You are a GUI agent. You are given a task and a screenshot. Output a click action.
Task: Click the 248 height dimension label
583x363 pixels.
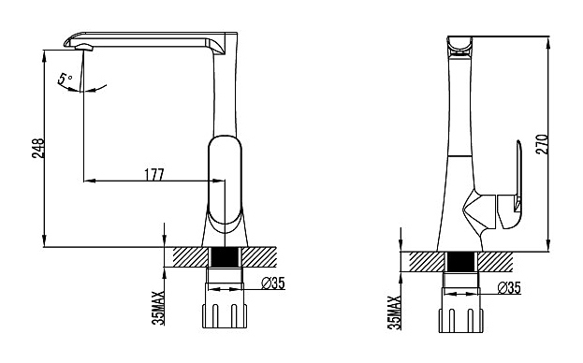(38, 148)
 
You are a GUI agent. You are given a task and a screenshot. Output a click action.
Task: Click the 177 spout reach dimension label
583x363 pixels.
(153, 174)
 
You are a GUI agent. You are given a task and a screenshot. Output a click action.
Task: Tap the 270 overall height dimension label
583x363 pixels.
(542, 144)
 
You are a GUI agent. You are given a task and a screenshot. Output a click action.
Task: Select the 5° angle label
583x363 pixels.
(65, 79)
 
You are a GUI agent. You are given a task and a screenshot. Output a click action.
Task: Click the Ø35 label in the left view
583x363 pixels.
(273, 283)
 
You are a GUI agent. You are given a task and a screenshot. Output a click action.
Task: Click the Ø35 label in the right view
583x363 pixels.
(509, 287)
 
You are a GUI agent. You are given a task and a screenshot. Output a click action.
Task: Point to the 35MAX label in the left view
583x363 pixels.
(158, 308)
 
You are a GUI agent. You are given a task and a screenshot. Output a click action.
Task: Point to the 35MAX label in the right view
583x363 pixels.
(395, 312)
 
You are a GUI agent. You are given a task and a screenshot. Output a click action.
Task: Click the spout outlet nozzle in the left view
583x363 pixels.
(83, 47)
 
